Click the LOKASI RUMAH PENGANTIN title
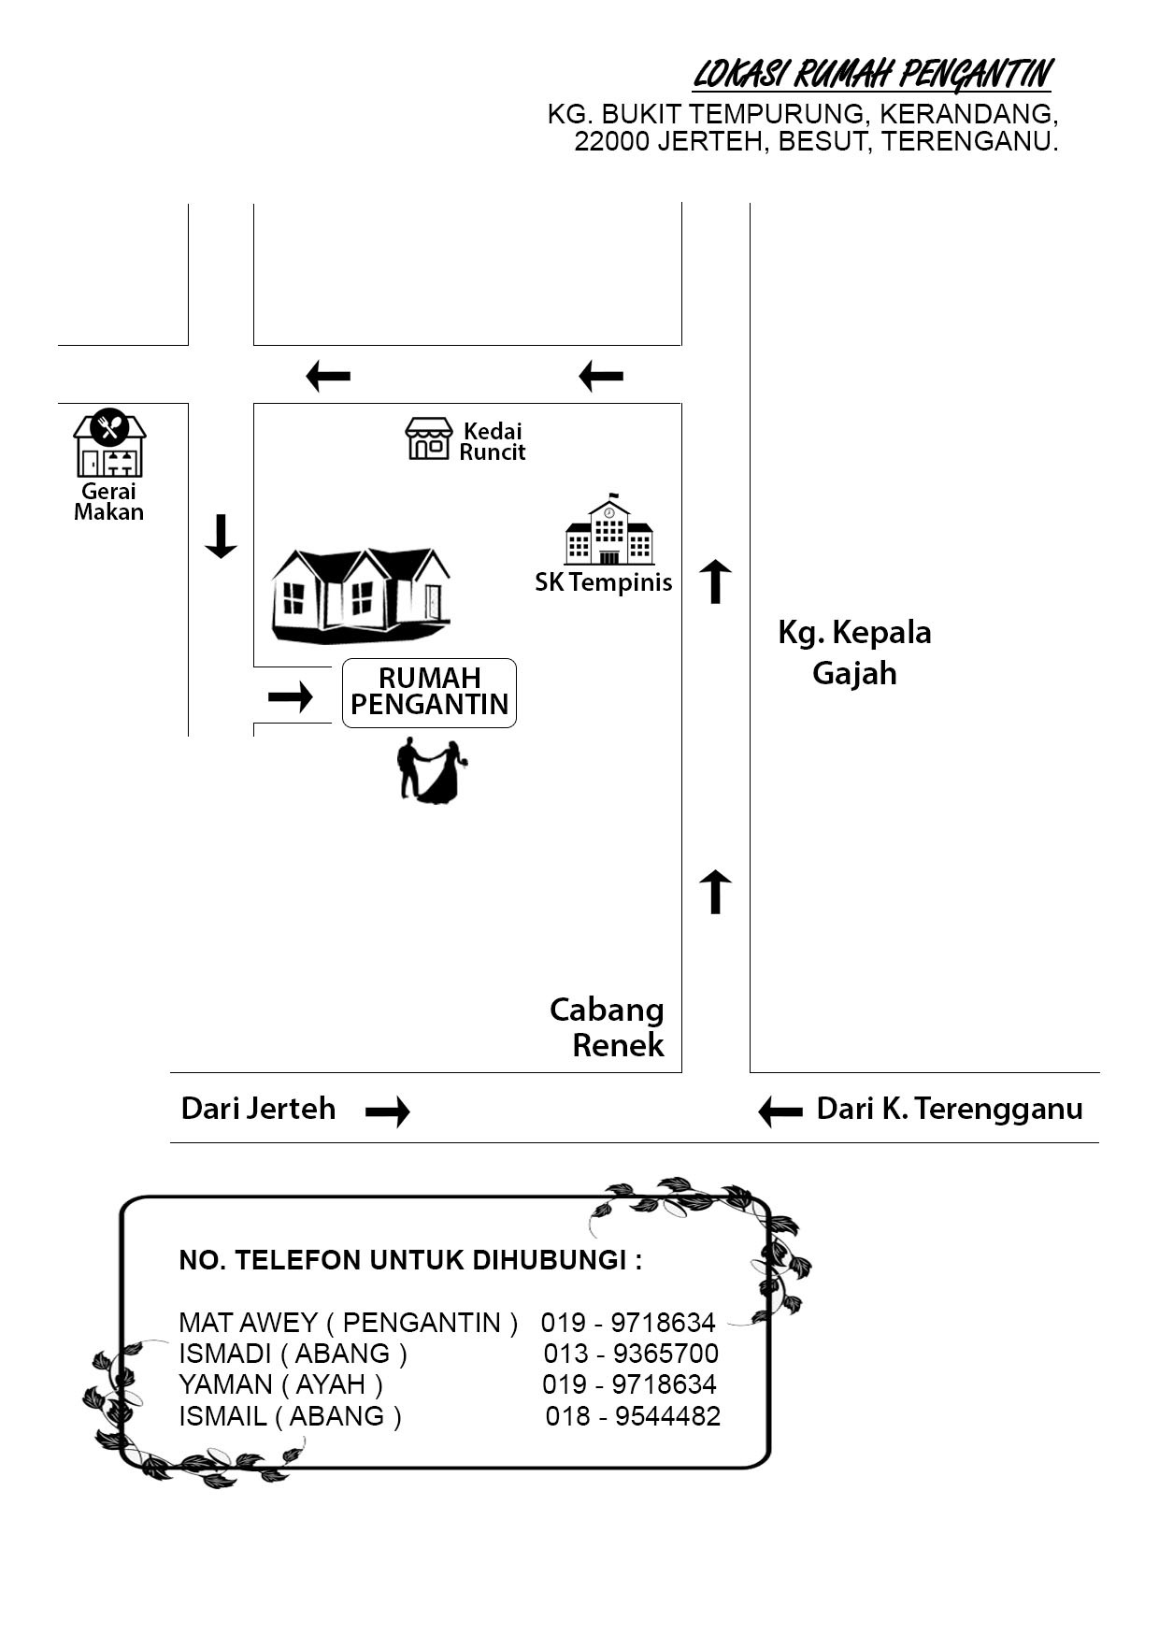coord(872,74)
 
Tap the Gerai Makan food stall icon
coord(109,443)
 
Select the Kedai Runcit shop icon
coord(429,438)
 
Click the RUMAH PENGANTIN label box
coord(429,693)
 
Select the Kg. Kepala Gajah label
coord(854,652)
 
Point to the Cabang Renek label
coord(608,1026)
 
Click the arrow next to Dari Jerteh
coord(387,1111)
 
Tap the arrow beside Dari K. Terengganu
coord(780,1111)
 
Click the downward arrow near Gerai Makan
coord(221,536)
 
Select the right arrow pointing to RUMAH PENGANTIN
coord(290,696)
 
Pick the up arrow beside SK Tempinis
coord(715,580)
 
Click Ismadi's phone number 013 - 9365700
coord(631,1354)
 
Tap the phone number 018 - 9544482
coord(633,1416)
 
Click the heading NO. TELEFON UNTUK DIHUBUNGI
coord(410,1260)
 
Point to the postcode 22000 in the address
coord(611,142)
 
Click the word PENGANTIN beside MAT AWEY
coord(422,1323)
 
